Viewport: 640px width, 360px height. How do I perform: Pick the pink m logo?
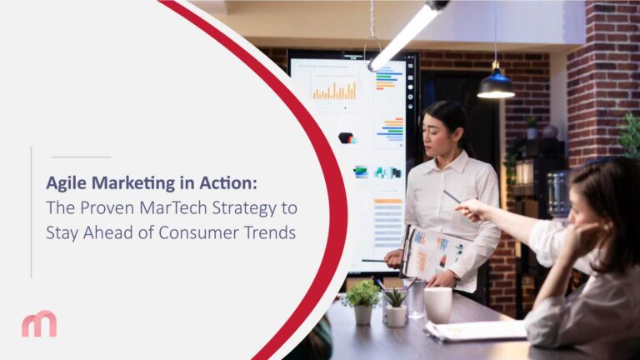pos(39,322)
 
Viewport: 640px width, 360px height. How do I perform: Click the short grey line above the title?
pos(80,157)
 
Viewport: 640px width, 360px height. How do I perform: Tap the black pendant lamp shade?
pos(495,87)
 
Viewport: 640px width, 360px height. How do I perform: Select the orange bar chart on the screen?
pos(334,89)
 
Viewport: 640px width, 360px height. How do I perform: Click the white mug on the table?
pos(437,304)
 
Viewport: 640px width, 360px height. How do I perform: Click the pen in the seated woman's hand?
pos(452,197)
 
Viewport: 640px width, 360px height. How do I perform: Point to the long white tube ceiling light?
pos(408,35)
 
